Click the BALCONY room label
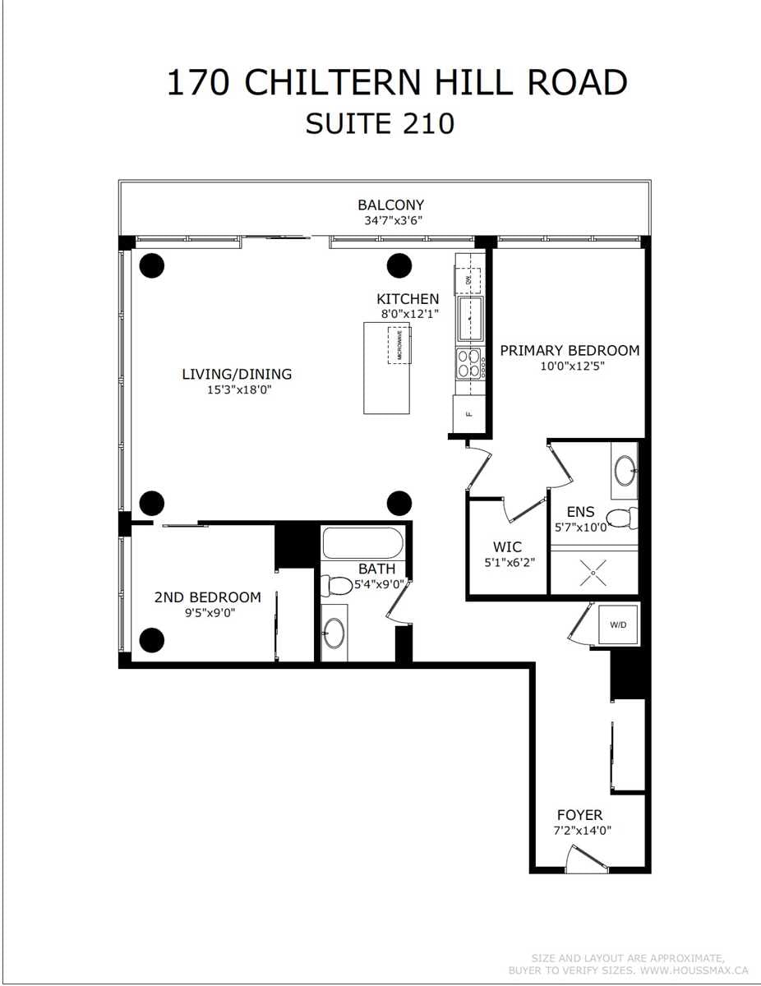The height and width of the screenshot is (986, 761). pos(390,205)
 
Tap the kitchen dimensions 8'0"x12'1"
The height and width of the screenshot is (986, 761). pos(410,314)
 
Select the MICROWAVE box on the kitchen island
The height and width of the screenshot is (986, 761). pos(399,345)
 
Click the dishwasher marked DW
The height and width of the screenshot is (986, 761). pos(468,280)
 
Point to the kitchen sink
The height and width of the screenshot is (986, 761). pos(471,319)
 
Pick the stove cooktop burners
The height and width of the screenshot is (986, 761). pos(468,363)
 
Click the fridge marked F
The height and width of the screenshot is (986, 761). pos(468,414)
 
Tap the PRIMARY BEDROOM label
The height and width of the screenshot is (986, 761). pos(570,350)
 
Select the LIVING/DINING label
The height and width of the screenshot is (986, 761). pos(237,374)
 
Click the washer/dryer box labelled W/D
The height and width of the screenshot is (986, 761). pos(618,624)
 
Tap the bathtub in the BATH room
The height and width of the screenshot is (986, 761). pos(362,542)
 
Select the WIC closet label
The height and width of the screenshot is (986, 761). pos(507,546)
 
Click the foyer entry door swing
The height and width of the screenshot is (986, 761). pos(585,859)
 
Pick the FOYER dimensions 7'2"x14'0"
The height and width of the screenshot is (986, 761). pos(582,830)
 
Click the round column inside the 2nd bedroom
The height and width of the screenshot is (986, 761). pos(151,640)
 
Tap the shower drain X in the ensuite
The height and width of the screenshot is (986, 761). pos(593,574)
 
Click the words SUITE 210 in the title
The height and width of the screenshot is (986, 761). pos(380,123)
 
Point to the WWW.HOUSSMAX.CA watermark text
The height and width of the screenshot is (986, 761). pos(694,970)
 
